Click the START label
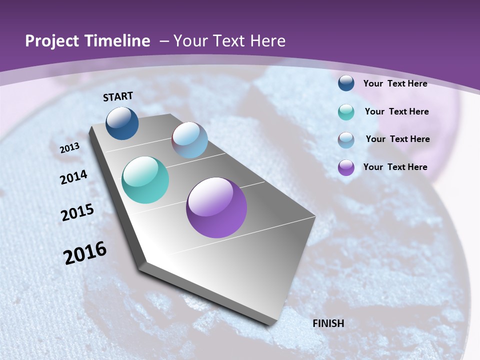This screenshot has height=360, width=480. [x=118, y=96]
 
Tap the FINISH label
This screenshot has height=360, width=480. [x=328, y=323]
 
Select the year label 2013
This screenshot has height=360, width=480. [x=70, y=148]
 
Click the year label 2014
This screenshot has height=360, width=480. [x=74, y=177]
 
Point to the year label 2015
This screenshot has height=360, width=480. [x=77, y=212]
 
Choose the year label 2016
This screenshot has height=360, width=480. [x=85, y=253]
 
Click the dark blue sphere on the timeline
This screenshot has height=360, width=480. [x=122, y=123]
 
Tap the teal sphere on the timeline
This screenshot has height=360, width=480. [x=145, y=180]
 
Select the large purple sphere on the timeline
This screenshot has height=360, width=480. [x=216, y=207]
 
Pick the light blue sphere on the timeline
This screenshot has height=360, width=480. [x=189, y=140]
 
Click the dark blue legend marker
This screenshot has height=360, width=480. [x=346, y=83]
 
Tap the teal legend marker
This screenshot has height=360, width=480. [x=346, y=111]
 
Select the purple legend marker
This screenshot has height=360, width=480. [x=346, y=167]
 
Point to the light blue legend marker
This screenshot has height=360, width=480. [x=346, y=139]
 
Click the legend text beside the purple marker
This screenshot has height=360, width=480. [x=395, y=167]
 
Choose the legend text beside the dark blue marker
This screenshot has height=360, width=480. [x=395, y=83]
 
